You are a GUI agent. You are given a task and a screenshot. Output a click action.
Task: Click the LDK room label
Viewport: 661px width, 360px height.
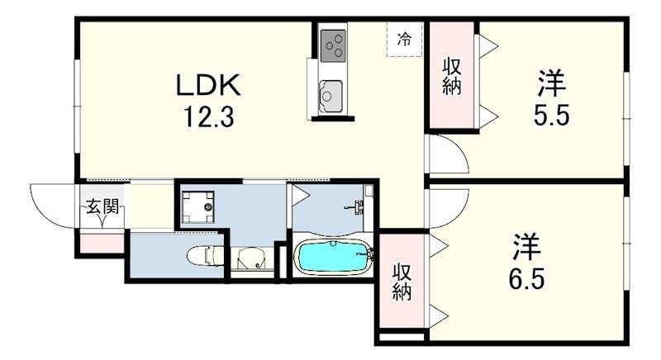click(x=208, y=86)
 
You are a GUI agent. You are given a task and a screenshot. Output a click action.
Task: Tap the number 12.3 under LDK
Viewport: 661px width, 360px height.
click(x=208, y=116)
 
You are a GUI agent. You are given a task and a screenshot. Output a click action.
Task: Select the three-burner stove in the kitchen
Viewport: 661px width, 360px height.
click(x=333, y=46)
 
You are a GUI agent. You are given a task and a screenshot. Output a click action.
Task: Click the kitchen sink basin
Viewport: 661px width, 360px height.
click(x=330, y=96)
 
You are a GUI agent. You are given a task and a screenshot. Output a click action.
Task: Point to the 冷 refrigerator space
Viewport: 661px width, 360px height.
click(x=404, y=40)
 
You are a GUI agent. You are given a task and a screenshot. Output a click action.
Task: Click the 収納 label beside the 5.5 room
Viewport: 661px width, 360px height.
click(x=451, y=77)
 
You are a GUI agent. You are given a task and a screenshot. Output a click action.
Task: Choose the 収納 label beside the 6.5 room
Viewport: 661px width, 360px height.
click(x=402, y=282)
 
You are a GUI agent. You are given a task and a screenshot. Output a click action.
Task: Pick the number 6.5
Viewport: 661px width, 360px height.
click(x=526, y=279)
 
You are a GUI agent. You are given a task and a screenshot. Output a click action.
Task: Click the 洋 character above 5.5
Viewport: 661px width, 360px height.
click(x=551, y=83)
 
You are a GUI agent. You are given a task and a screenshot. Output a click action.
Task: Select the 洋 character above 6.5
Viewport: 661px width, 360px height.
click(x=526, y=247)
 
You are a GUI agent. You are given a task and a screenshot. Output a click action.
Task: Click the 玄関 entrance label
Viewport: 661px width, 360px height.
click(x=102, y=206)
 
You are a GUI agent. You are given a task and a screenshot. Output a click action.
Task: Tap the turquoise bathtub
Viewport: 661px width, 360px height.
click(x=333, y=256)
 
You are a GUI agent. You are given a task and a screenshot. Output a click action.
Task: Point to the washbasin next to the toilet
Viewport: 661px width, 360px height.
click(x=251, y=258)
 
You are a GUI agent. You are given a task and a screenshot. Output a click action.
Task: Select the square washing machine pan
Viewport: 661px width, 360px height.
click(x=197, y=206)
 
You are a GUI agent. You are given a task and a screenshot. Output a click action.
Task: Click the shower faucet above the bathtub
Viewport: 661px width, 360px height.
click(x=357, y=207)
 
